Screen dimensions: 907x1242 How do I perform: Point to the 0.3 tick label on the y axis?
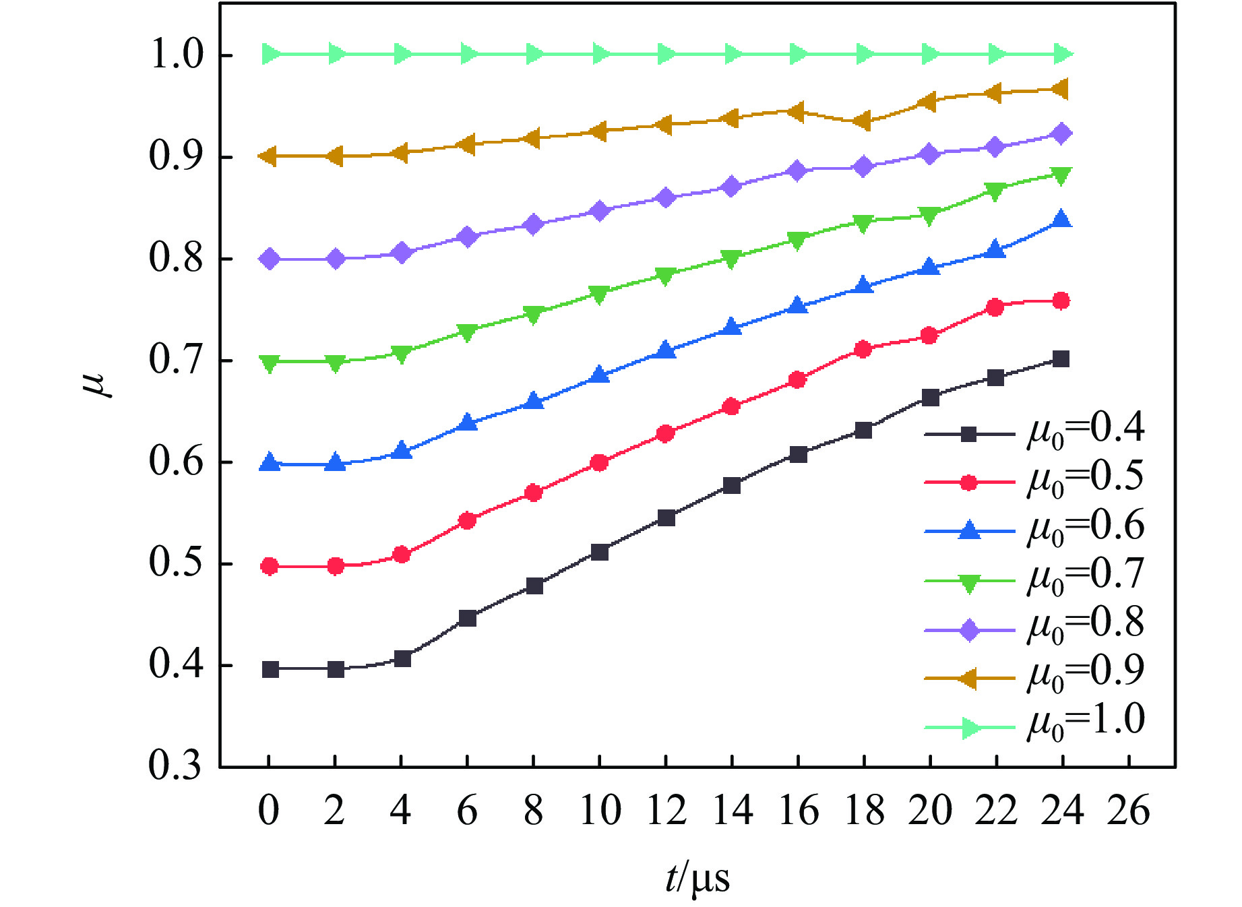[x=175, y=766]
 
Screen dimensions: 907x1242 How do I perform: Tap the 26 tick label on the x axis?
[x=1128, y=811]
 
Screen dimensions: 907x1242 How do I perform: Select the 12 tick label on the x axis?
[x=666, y=811]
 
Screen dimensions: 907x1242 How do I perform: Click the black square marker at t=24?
[x=1061, y=358]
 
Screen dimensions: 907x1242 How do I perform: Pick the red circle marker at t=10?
[x=599, y=462]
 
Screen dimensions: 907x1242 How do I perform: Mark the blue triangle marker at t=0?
[x=270, y=463]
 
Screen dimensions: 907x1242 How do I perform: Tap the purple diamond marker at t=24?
[x=1061, y=133]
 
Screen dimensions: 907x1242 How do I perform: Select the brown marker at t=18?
[x=862, y=121]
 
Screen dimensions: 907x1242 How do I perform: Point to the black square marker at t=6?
[x=467, y=618]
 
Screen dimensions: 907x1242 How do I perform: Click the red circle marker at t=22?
[x=995, y=307]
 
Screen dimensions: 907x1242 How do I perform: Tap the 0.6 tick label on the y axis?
[x=175, y=462]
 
